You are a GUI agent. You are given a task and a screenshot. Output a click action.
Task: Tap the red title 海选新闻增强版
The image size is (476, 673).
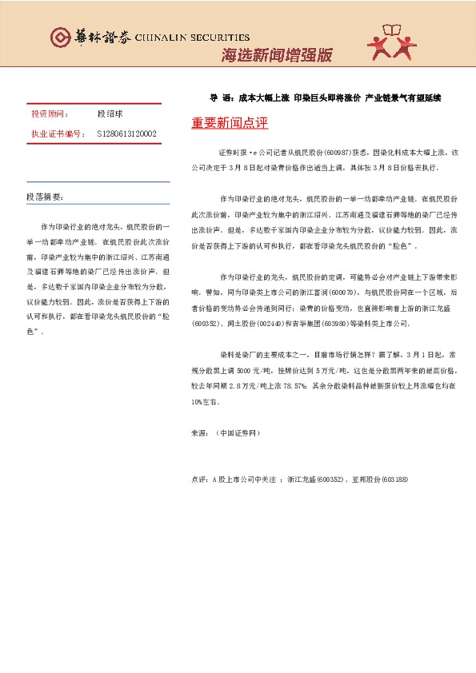click(276, 56)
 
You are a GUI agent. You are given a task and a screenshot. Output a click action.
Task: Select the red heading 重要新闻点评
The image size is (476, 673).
click(230, 125)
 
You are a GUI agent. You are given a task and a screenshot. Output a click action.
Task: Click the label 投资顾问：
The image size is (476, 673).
click(50, 115)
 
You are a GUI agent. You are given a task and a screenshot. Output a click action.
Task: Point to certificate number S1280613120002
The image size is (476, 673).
click(126, 133)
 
